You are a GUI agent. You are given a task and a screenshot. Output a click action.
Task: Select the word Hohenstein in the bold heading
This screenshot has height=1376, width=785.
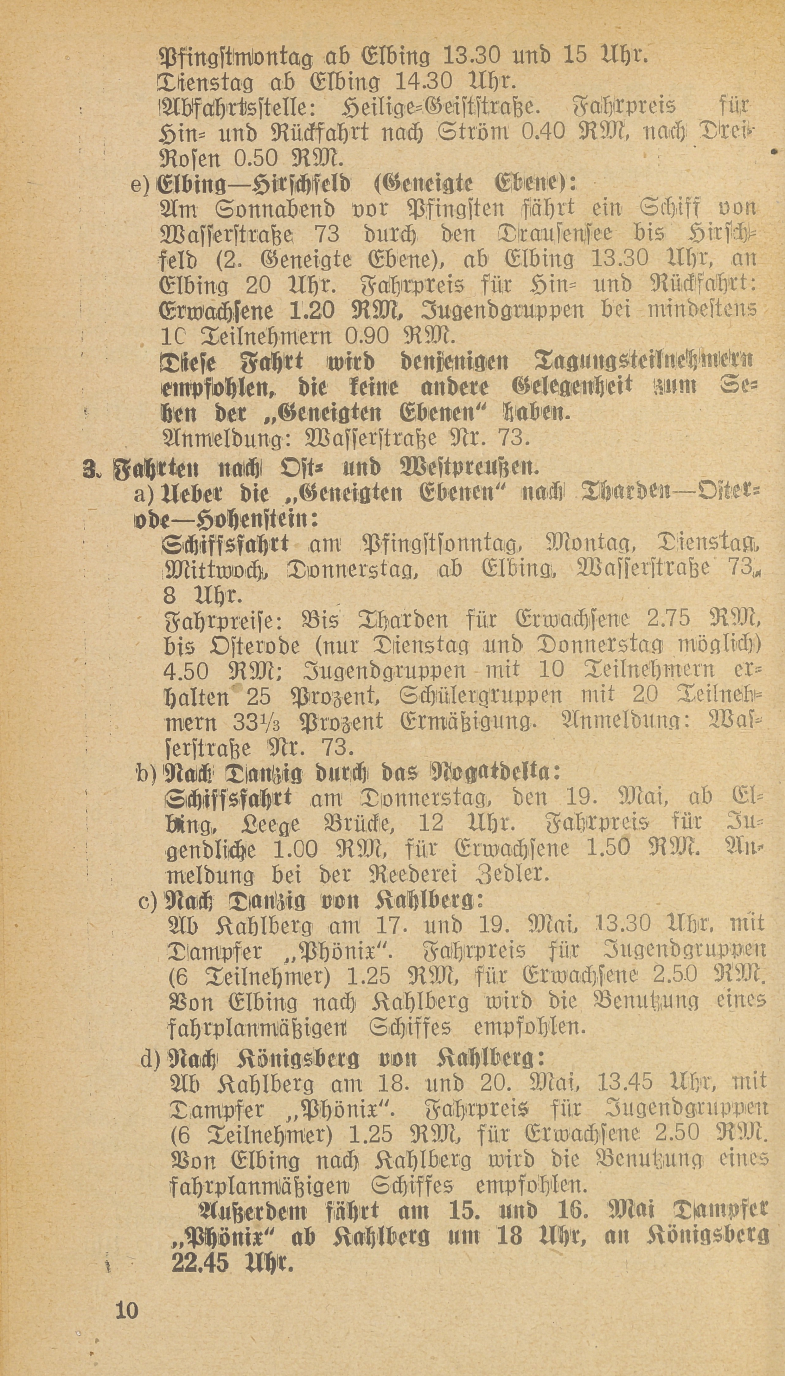pos(259,519)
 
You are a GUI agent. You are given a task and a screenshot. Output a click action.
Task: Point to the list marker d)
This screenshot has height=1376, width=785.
pos(150,1059)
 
